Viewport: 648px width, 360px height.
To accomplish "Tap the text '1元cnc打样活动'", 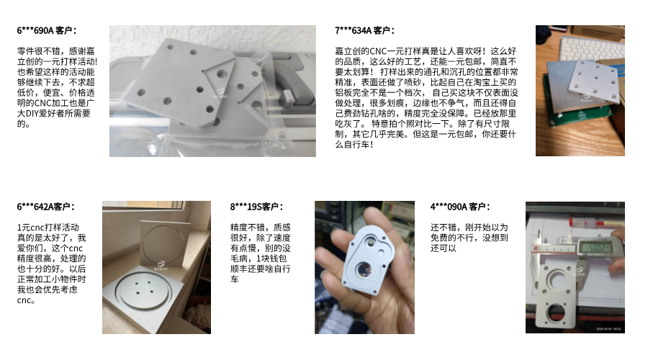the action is tap(48, 228).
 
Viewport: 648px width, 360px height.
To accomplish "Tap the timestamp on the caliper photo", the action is tap(608, 329).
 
